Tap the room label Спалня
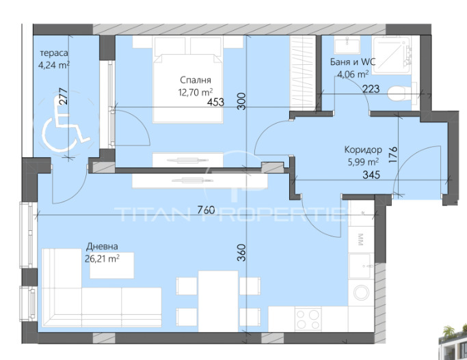(196, 80)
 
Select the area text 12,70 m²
(196, 92)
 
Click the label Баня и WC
(353, 62)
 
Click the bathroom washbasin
(347, 44)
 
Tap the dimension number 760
(206, 210)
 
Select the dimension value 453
(215, 102)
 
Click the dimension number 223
(371, 89)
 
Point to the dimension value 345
(371, 174)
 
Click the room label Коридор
(363, 150)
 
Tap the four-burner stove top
(308, 319)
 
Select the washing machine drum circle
(361, 292)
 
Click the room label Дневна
(102, 247)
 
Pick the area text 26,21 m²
(102, 258)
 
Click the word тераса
(54, 53)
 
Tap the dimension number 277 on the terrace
(63, 96)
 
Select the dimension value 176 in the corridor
(393, 154)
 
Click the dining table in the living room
(218, 301)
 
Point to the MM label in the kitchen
(360, 240)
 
